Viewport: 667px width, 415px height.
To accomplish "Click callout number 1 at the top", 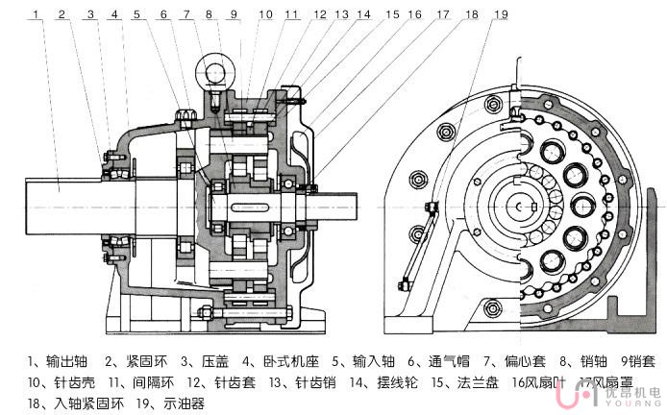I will [x=35, y=15].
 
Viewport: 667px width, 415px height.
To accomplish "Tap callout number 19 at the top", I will [x=500, y=15].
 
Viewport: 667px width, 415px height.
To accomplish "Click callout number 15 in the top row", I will [x=392, y=15].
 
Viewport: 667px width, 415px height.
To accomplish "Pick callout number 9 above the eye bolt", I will [x=234, y=15].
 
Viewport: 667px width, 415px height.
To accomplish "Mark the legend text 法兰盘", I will [x=451, y=383].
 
